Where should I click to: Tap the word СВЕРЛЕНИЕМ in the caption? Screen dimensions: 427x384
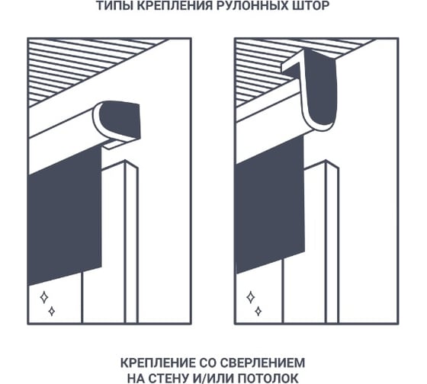tap(262, 363)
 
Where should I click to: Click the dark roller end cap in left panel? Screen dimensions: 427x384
tap(120, 118)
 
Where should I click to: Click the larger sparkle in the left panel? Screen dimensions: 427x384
tap(44, 297)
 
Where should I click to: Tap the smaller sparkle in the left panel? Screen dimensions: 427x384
tap(52, 311)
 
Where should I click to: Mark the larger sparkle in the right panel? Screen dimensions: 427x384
tap(251, 297)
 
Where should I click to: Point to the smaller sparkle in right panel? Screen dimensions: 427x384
tap(258, 311)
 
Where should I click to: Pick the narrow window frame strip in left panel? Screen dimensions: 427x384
tap(131, 242)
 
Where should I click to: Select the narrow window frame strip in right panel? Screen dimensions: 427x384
tap(332, 242)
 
